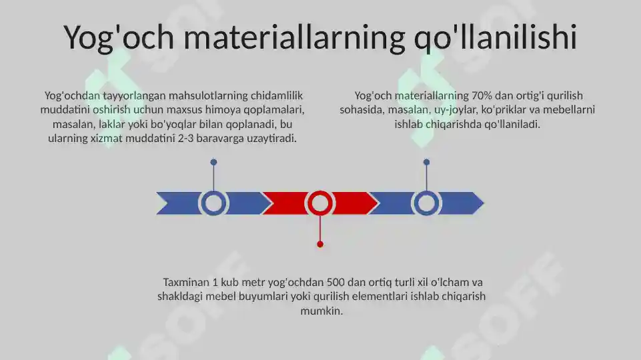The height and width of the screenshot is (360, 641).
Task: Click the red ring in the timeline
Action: click(320, 203)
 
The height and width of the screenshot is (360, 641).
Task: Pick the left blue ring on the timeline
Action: click(213, 203)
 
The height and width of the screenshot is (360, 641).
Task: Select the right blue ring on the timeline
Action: click(426, 203)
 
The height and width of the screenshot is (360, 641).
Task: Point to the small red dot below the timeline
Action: click(320, 245)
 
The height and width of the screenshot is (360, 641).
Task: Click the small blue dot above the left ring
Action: click(213, 162)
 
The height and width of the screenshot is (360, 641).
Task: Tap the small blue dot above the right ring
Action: click(426, 162)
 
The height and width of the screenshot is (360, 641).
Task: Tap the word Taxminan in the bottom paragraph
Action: click(185, 282)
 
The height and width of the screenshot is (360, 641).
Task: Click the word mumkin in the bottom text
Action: click(321, 311)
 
